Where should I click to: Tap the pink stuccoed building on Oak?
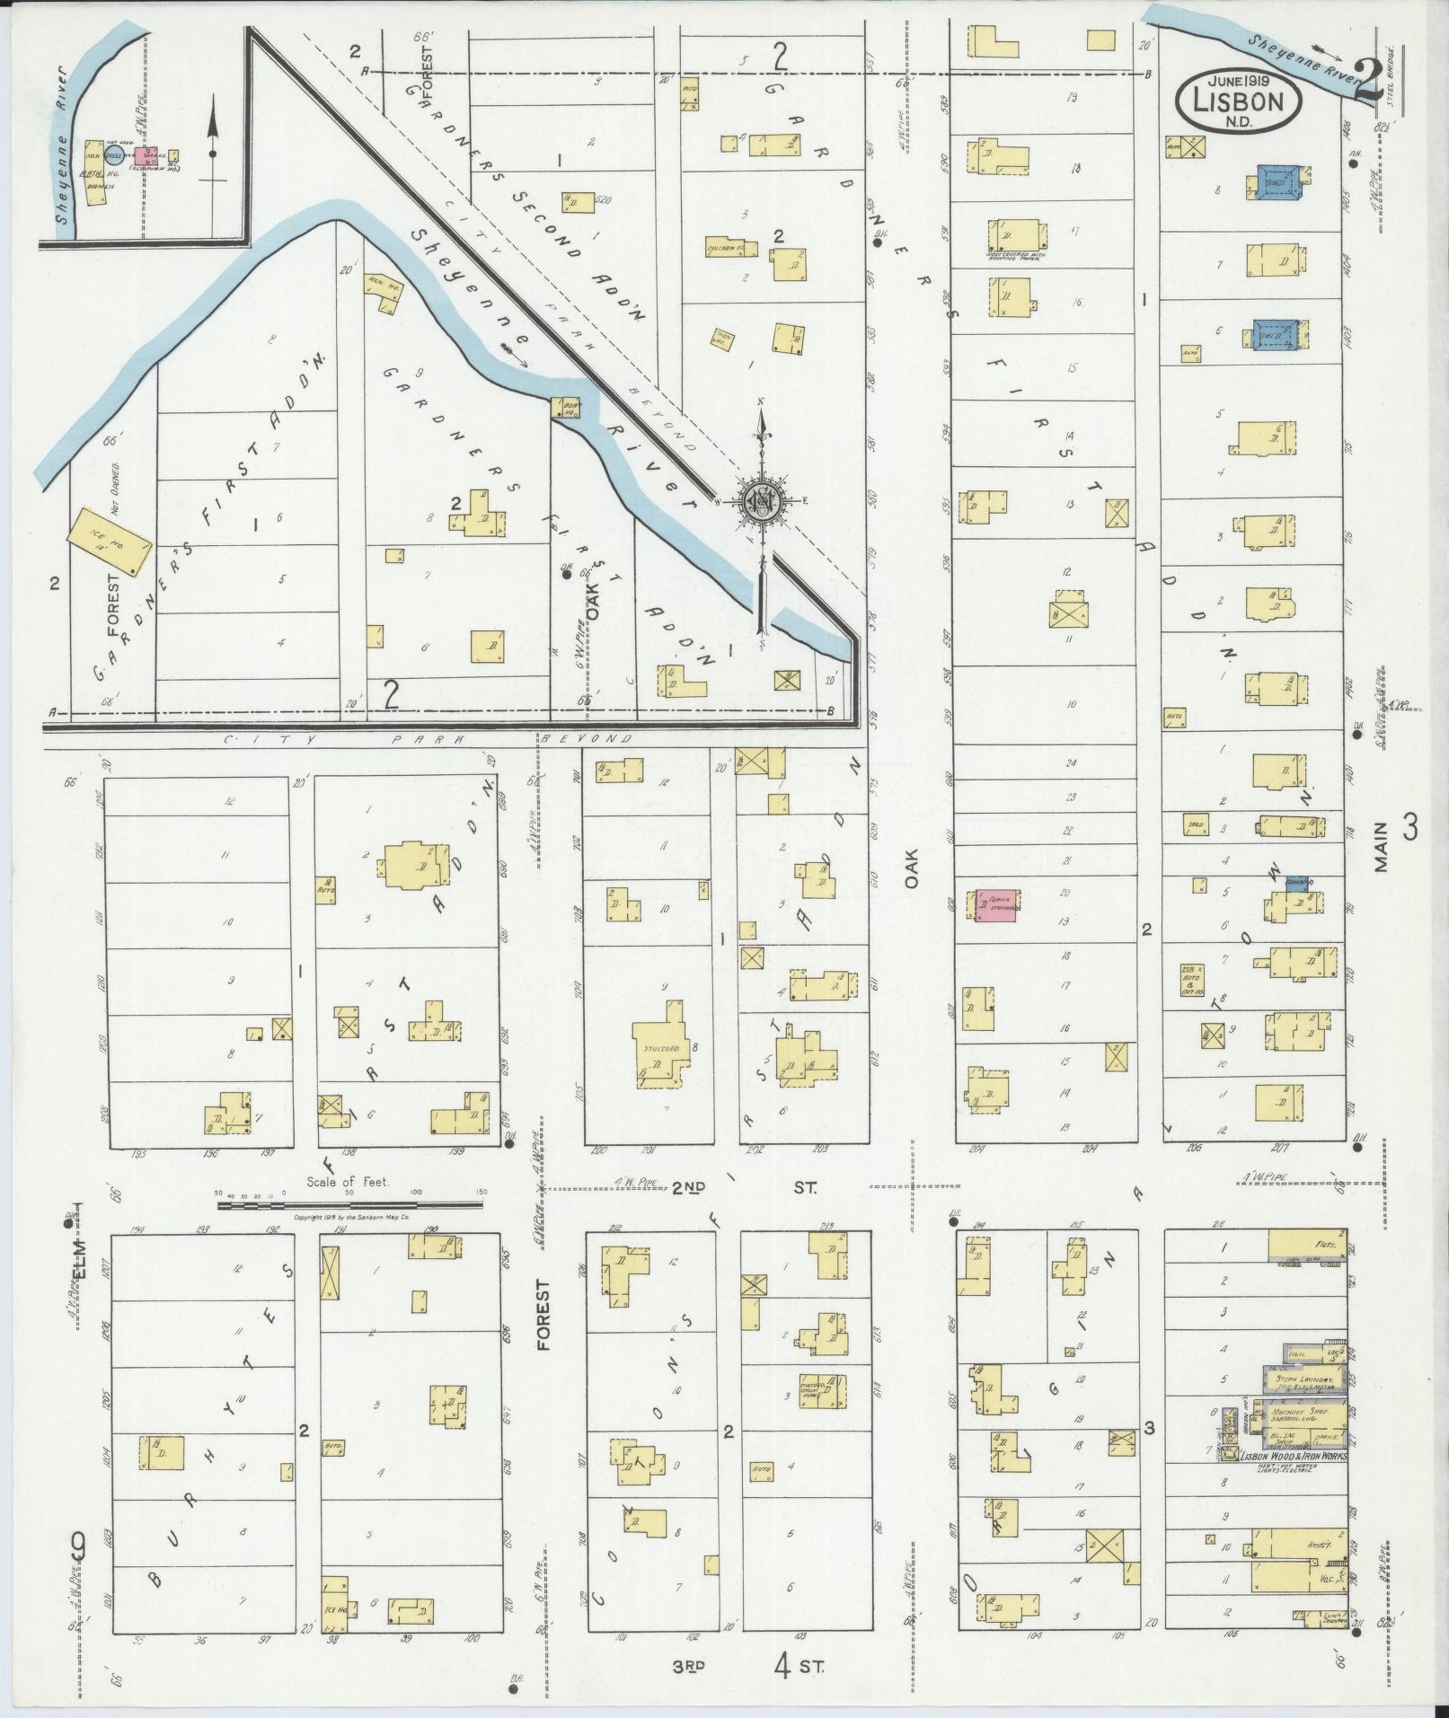click(x=998, y=905)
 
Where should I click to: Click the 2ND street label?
click(x=689, y=1187)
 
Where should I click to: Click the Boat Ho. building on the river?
click(x=569, y=408)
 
